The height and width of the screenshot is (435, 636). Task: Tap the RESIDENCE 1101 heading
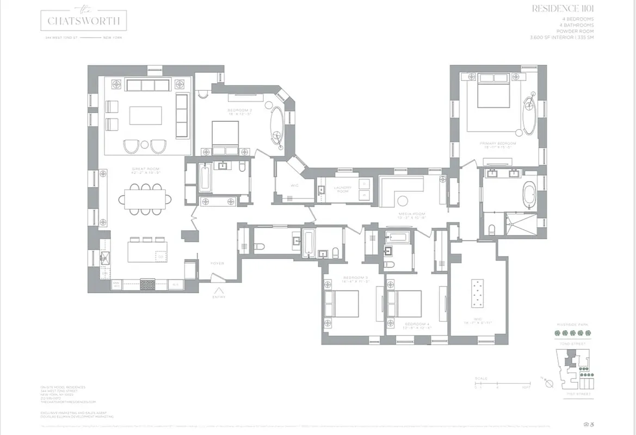[x=564, y=9]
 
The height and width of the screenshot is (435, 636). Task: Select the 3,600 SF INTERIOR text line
[x=562, y=38]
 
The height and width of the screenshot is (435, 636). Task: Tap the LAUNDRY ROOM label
[x=343, y=189]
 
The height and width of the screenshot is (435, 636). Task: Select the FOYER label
[x=217, y=264]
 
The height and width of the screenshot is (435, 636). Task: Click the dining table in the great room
[x=145, y=198]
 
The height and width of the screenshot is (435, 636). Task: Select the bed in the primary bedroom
[x=493, y=91]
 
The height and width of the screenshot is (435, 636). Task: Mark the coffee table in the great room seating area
[x=145, y=115]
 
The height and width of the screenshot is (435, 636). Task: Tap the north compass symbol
[x=548, y=383]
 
